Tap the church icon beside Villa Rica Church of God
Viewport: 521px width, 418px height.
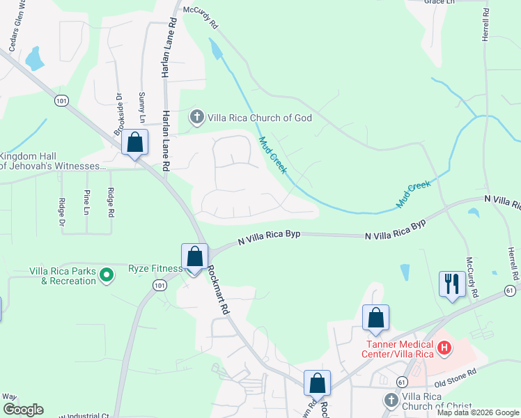click(x=197, y=117)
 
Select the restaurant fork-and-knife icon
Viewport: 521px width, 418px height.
click(x=452, y=284)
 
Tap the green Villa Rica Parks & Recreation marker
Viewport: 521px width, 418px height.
click(x=107, y=276)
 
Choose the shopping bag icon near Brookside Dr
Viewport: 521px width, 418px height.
click(x=135, y=143)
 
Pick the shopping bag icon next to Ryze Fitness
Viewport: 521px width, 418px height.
click(x=195, y=256)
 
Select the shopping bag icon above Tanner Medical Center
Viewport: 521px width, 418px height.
click(x=375, y=318)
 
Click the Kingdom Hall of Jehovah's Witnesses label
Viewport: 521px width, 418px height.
click(x=53, y=161)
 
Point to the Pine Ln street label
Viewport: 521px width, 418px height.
click(x=86, y=202)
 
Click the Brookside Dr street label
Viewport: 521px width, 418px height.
click(x=119, y=114)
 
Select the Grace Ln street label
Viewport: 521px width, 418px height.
click(x=439, y=3)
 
